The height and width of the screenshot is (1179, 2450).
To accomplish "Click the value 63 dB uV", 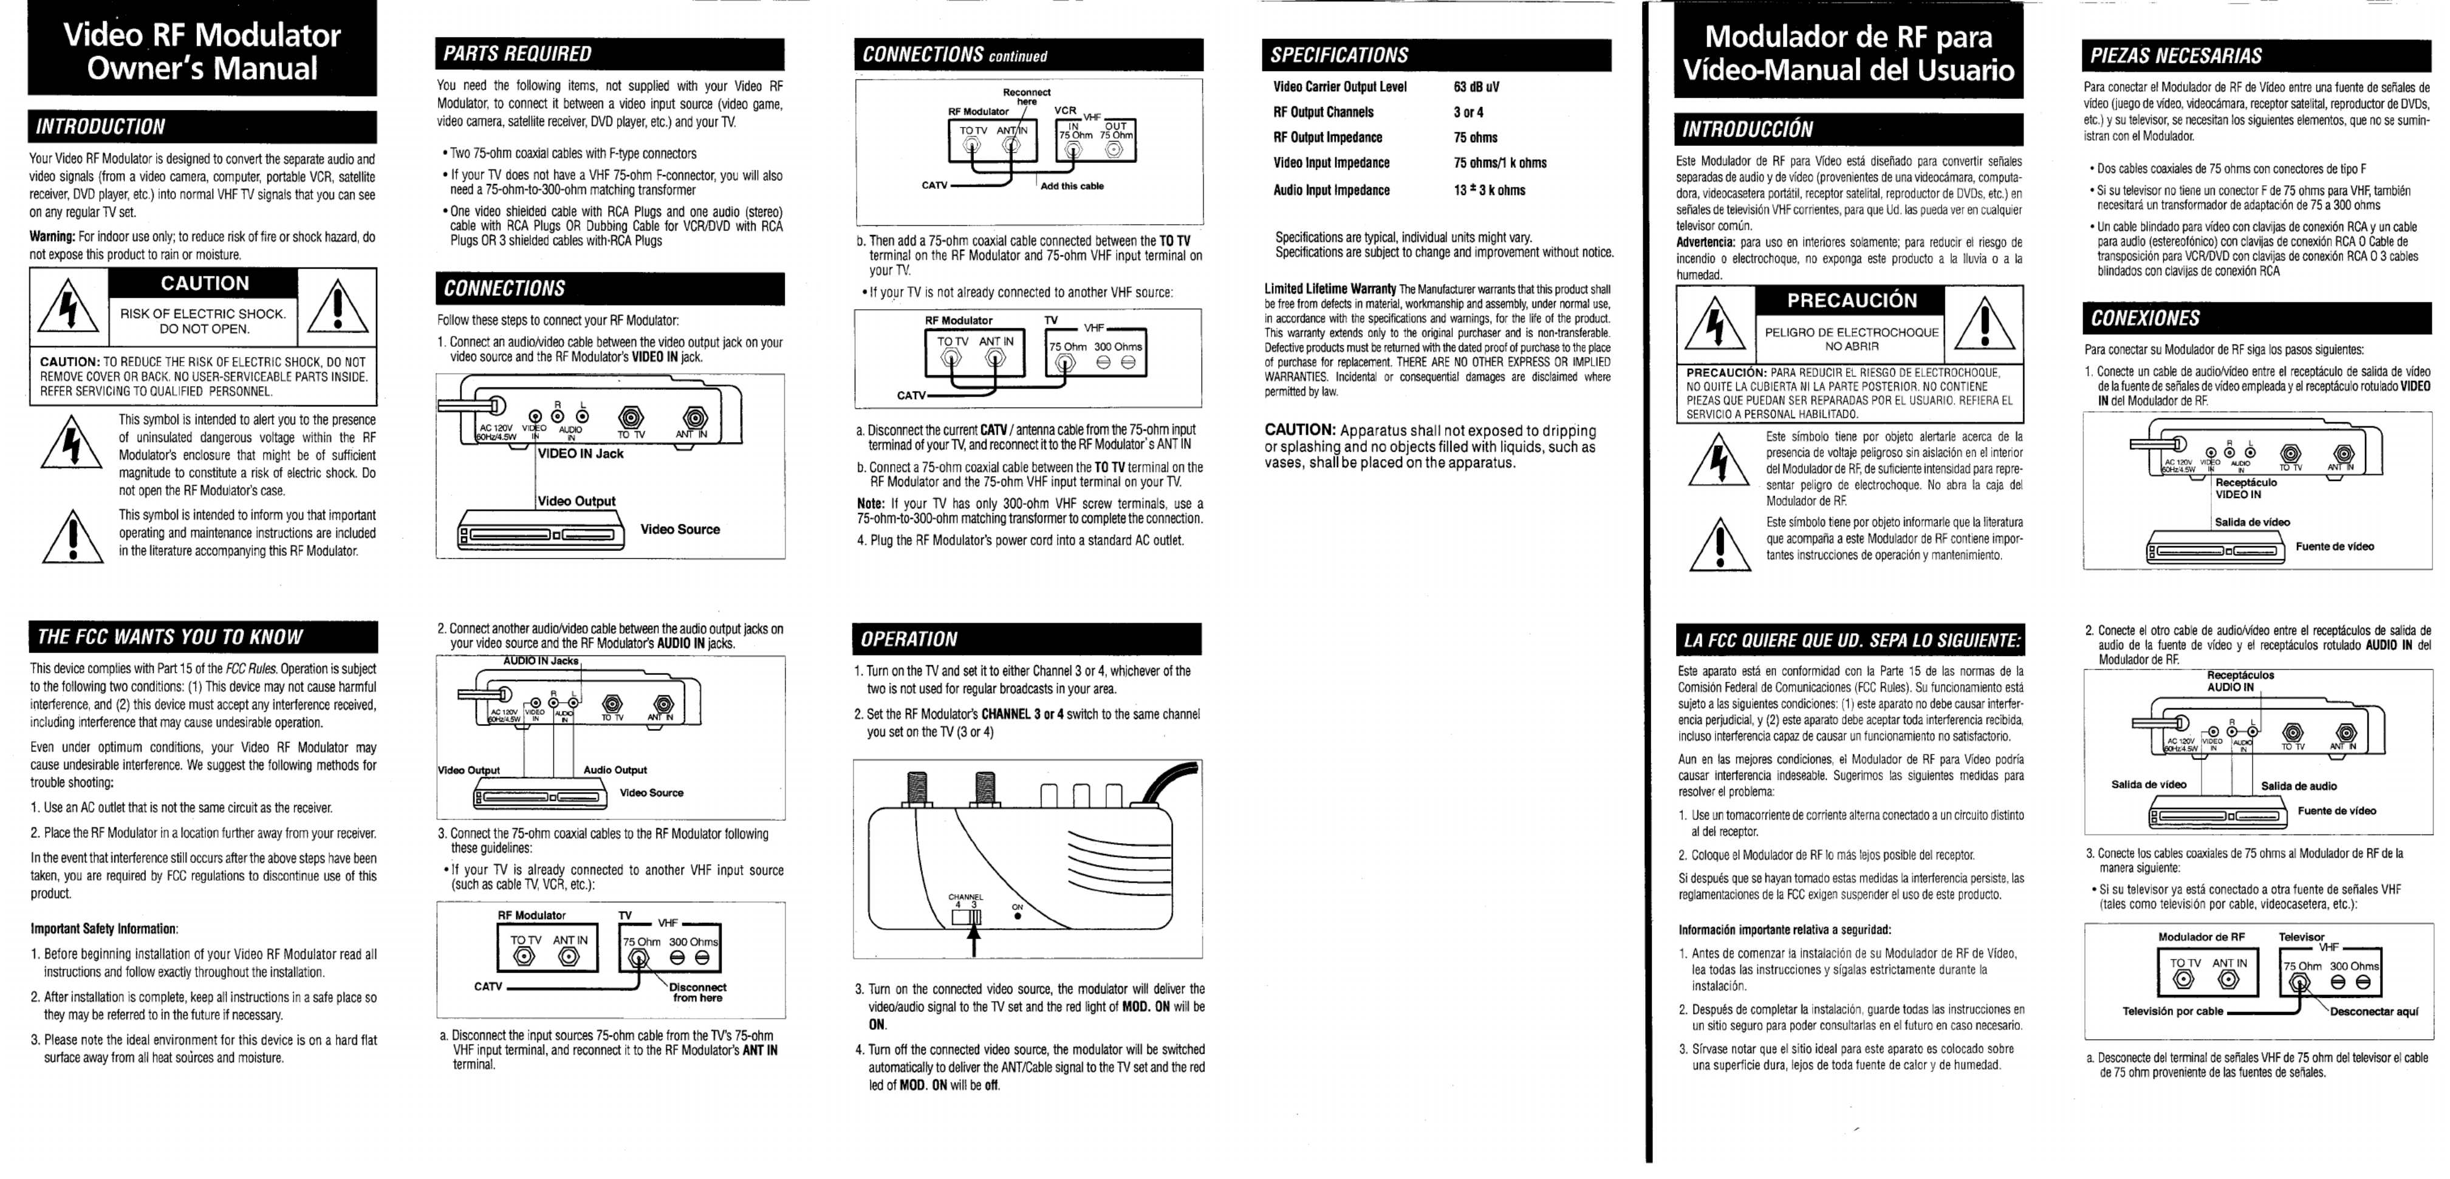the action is click(1476, 86).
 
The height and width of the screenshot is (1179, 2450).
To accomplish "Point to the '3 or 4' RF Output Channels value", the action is click(1468, 112).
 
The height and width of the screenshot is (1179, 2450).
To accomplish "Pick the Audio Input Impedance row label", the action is click(1332, 190).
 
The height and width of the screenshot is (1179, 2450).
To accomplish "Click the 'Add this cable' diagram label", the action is click(1072, 186).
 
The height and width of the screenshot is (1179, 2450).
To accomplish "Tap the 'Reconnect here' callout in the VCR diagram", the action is click(1027, 97).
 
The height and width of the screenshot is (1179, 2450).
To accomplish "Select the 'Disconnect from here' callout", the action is click(698, 993).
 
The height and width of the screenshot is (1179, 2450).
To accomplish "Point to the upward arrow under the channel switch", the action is click(973, 940).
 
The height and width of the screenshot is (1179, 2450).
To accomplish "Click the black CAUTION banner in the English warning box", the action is click(205, 283).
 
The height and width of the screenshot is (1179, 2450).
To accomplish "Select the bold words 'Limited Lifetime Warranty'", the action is click(1330, 289).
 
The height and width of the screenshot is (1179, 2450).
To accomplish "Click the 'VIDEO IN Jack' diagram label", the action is click(580, 454).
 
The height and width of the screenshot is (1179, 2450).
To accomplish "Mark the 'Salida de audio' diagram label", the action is click(2298, 787).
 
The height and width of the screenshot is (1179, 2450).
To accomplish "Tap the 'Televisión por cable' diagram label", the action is click(2172, 1012).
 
